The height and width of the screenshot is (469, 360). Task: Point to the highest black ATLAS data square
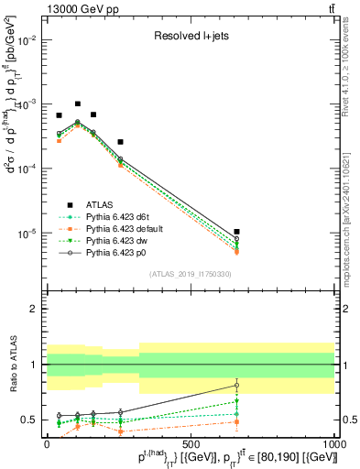point(78,104)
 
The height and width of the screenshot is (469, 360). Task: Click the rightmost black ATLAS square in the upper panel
point(236,232)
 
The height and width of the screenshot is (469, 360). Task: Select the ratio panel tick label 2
point(33,309)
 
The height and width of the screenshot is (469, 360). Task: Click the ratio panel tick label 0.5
point(29,420)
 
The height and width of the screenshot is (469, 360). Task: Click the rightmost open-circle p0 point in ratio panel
point(236,385)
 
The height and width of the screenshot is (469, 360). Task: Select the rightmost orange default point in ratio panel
point(236,421)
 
